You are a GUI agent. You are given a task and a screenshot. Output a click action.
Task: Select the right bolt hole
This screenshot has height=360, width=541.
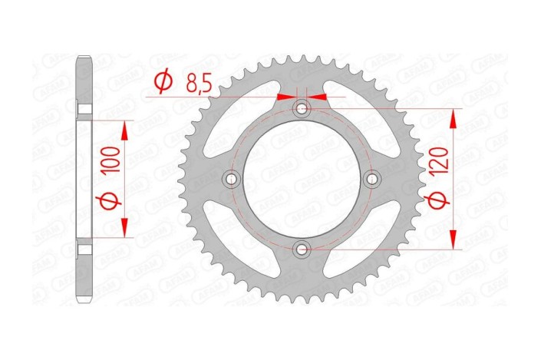point(373,179)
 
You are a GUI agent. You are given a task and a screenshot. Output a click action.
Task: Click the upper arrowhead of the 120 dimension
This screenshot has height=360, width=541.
point(454,117)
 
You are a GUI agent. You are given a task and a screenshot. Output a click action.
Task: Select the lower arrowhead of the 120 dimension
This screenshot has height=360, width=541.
point(454,241)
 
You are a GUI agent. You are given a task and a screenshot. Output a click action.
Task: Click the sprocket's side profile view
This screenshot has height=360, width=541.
point(85,180)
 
